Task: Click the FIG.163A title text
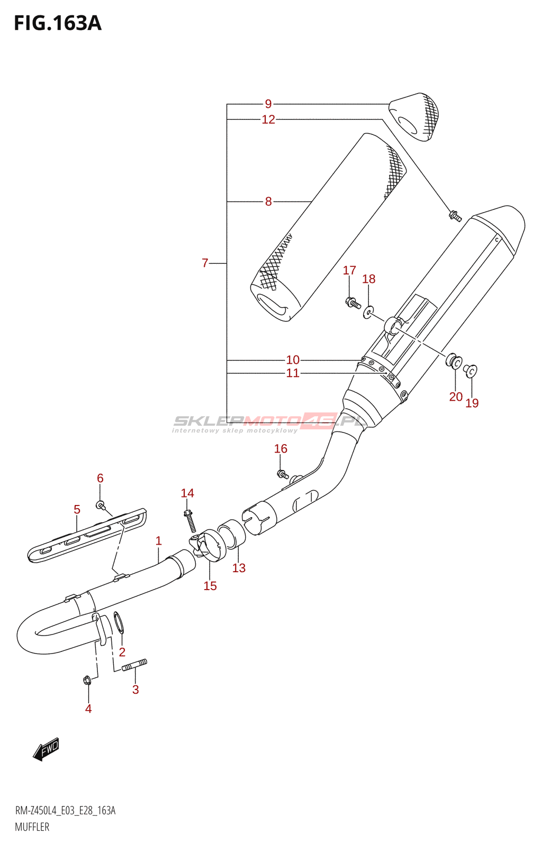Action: click(57, 23)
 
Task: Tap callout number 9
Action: click(268, 104)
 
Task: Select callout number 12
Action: click(268, 119)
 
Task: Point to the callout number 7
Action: click(205, 263)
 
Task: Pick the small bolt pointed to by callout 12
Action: click(455, 215)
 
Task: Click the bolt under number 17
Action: click(353, 303)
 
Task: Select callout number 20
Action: click(456, 397)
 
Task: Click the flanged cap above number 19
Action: click(471, 370)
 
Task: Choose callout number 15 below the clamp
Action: click(210, 586)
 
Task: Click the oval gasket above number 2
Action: click(120, 622)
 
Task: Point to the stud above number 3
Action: click(134, 665)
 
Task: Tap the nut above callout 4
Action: click(87, 680)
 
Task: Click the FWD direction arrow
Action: click(47, 749)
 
